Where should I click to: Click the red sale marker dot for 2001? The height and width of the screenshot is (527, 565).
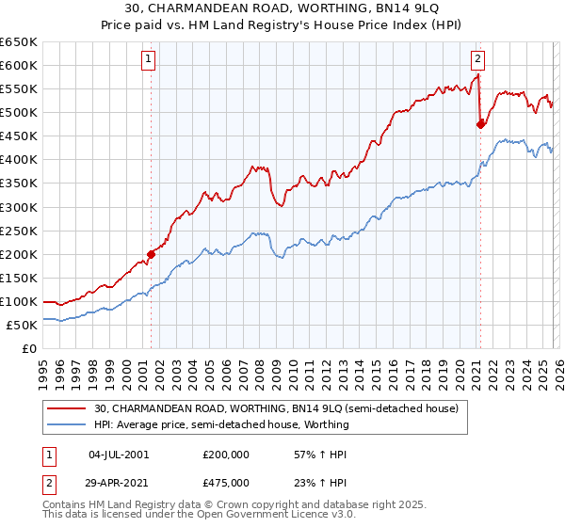pyautogui.click(x=151, y=253)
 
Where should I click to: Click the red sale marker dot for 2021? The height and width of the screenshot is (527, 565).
pyautogui.click(x=480, y=123)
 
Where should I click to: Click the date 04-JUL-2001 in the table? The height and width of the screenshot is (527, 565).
pyautogui.click(x=119, y=454)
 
